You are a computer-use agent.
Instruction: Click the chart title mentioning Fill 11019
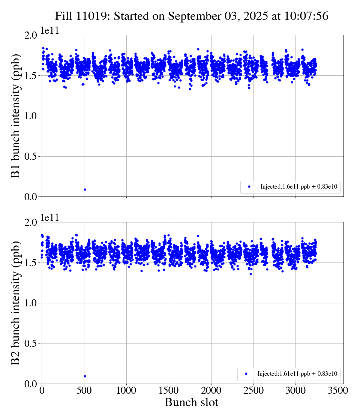192,16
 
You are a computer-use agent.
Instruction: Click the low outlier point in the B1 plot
85,189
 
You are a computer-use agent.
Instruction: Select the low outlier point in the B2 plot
85,376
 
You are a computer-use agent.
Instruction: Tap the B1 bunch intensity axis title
15,116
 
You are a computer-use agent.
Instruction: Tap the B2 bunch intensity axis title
15,303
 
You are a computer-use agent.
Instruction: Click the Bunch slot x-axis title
192,403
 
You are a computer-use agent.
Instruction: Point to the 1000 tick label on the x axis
126,391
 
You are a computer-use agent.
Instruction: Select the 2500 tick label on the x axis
253,391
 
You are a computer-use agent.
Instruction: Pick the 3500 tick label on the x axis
338,391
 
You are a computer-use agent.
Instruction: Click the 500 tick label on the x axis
84,391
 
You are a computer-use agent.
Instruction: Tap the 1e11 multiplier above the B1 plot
49,31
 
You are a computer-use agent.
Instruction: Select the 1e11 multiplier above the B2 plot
49,218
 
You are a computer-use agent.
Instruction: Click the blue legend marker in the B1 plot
249,187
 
